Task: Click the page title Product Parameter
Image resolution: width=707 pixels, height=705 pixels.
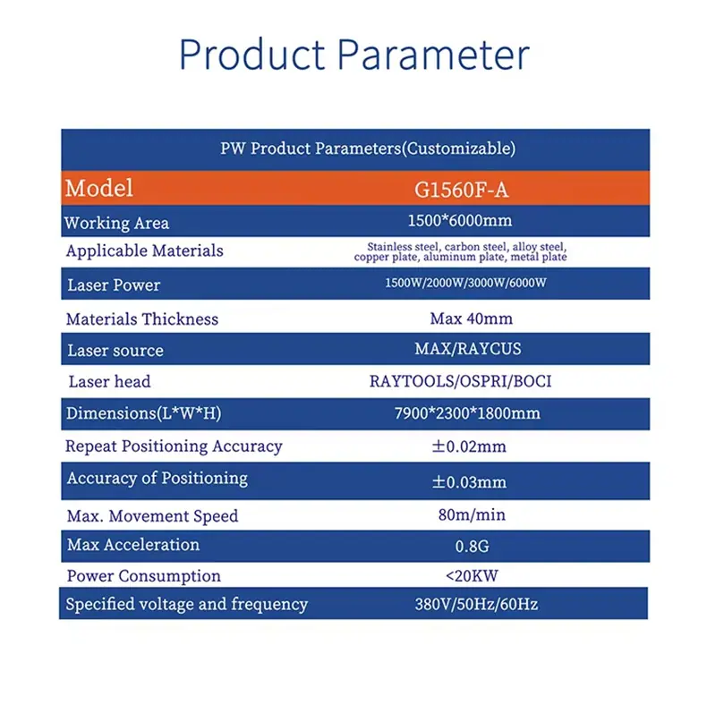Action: [x=354, y=55]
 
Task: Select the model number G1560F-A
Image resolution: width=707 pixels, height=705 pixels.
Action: [x=461, y=190]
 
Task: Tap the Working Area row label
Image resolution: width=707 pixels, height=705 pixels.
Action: [x=116, y=223]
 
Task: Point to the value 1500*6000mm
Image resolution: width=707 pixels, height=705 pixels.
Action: [x=460, y=220]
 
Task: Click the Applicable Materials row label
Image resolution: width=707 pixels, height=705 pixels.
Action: [x=145, y=251]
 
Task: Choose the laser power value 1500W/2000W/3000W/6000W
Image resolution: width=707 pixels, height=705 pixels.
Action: [x=465, y=283]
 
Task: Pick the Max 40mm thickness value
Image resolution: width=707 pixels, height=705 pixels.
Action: [x=471, y=319]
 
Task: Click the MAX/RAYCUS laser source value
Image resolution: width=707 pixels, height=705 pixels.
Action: [x=468, y=349]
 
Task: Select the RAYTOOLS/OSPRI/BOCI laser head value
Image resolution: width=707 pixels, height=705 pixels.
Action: [x=460, y=381]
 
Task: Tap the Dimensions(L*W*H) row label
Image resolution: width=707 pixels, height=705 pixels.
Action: [x=143, y=413]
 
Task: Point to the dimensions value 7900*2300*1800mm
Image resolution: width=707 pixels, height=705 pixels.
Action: [x=467, y=413]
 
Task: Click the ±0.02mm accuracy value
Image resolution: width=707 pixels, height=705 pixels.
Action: [x=469, y=446]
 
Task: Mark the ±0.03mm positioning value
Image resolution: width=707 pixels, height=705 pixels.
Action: [x=469, y=482]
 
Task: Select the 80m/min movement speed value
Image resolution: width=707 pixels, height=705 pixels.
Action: [x=472, y=514]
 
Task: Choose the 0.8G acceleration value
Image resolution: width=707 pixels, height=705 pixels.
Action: [x=473, y=547]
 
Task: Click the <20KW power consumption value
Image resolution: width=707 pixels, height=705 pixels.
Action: [x=472, y=575]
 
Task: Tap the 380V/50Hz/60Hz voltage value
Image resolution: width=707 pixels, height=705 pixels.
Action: [x=476, y=604]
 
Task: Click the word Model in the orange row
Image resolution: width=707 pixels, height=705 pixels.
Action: [x=98, y=188]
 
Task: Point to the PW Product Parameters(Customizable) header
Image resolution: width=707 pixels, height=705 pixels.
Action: [x=368, y=149]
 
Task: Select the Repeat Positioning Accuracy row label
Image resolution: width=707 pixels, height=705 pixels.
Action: [x=174, y=446]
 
